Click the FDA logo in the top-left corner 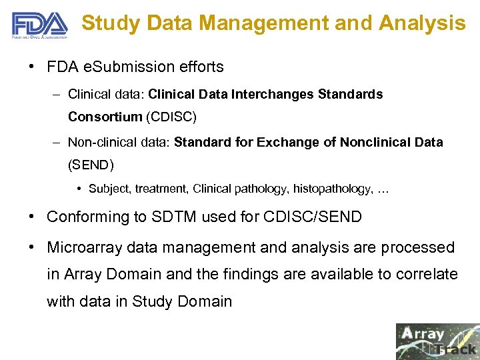pos(39,26)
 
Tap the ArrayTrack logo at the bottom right pos(437,341)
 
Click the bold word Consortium pos(105,117)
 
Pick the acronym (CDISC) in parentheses pos(170,117)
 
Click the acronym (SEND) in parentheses pos(91,165)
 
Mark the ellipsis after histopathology pos(383,189)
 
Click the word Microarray pos(84,247)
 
